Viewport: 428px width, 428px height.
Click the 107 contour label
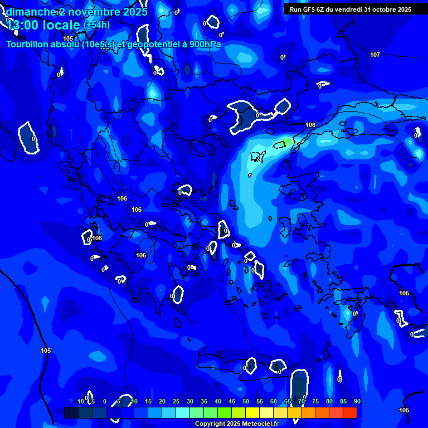375,55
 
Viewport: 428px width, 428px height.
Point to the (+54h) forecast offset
96,25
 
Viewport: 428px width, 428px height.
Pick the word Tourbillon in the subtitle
27,44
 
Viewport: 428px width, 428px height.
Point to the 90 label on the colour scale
357,402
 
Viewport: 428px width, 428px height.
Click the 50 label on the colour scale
245,402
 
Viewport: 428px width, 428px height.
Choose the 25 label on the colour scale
176,402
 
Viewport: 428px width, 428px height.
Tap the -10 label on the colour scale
80,402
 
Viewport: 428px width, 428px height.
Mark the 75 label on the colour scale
315,402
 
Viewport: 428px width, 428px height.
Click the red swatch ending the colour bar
349,412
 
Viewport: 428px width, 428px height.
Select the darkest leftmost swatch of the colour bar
71,412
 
